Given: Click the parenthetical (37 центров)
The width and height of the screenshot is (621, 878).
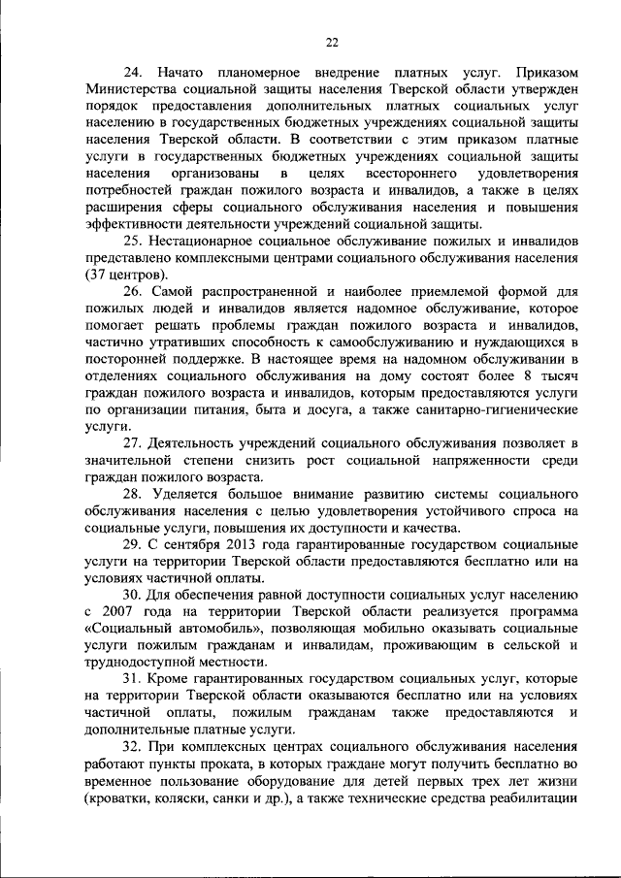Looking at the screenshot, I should pos(127,275).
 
